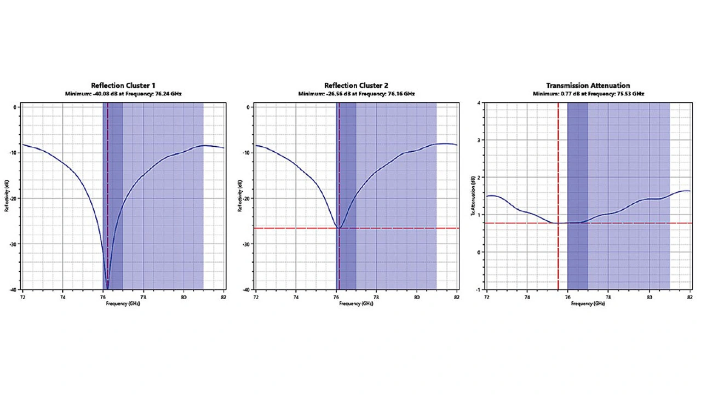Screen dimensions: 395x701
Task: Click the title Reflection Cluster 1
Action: (x=123, y=85)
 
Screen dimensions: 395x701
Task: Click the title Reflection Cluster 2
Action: (x=356, y=85)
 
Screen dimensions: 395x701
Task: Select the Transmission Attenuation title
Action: (x=588, y=85)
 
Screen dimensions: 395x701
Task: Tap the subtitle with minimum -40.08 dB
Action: (x=123, y=94)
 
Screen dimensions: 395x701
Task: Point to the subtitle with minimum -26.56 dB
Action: (x=356, y=94)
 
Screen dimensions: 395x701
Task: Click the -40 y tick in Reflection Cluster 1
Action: (x=15, y=290)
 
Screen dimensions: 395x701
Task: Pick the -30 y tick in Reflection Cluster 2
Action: (x=248, y=244)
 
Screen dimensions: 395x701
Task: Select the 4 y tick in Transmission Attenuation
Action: (x=479, y=102)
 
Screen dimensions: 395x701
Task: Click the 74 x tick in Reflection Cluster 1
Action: (x=62, y=297)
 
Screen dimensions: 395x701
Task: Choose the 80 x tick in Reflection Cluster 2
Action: (x=417, y=297)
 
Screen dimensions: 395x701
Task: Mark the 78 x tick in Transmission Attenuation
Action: (x=608, y=297)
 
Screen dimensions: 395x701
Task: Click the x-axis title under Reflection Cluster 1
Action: (x=123, y=303)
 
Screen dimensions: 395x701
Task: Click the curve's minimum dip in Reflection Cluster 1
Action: (x=107, y=288)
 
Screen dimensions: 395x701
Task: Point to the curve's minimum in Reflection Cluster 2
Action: (x=339, y=227)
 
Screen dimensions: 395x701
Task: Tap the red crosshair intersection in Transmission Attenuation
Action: (x=558, y=223)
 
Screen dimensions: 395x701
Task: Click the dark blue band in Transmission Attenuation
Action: (x=577, y=164)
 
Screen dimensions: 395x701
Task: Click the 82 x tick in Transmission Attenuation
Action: (x=689, y=297)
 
